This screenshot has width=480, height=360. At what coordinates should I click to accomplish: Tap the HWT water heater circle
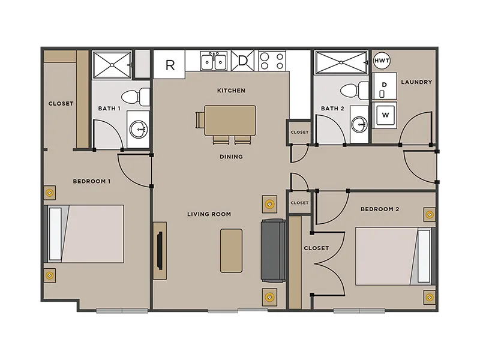[x=382, y=61]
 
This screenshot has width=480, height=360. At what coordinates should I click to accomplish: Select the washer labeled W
[x=384, y=114]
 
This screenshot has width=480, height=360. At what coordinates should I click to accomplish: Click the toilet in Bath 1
[x=140, y=95]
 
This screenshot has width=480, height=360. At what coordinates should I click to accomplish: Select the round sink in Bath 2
[x=359, y=125]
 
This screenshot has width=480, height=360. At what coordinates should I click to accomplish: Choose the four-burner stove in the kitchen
[x=272, y=61]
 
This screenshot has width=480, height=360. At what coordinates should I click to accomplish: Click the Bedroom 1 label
[x=92, y=181]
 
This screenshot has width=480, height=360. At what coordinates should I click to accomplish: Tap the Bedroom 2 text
[x=380, y=209]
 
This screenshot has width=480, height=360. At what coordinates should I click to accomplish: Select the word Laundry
[x=416, y=82]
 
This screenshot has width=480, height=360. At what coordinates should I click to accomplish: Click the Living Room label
[x=209, y=214]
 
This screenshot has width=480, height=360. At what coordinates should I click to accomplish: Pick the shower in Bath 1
[x=112, y=64]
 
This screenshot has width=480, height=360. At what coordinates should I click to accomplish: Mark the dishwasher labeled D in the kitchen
[x=243, y=61]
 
